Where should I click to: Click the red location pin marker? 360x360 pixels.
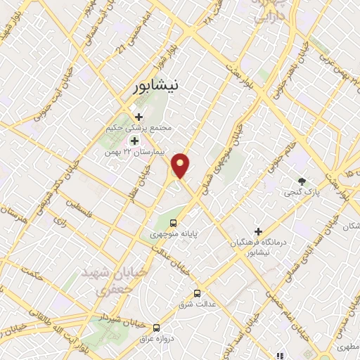click(181, 165)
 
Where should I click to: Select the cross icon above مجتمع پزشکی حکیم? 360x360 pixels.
click(139, 117)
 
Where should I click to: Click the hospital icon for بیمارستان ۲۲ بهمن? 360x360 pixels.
click(134, 141)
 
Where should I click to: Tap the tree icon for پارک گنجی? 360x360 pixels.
click(302, 181)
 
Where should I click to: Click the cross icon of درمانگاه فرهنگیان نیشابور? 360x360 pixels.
click(258, 231)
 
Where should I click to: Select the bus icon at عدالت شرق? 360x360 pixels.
click(197, 293)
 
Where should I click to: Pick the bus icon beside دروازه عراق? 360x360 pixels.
click(156, 328)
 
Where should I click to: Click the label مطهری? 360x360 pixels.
click(345, 347)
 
